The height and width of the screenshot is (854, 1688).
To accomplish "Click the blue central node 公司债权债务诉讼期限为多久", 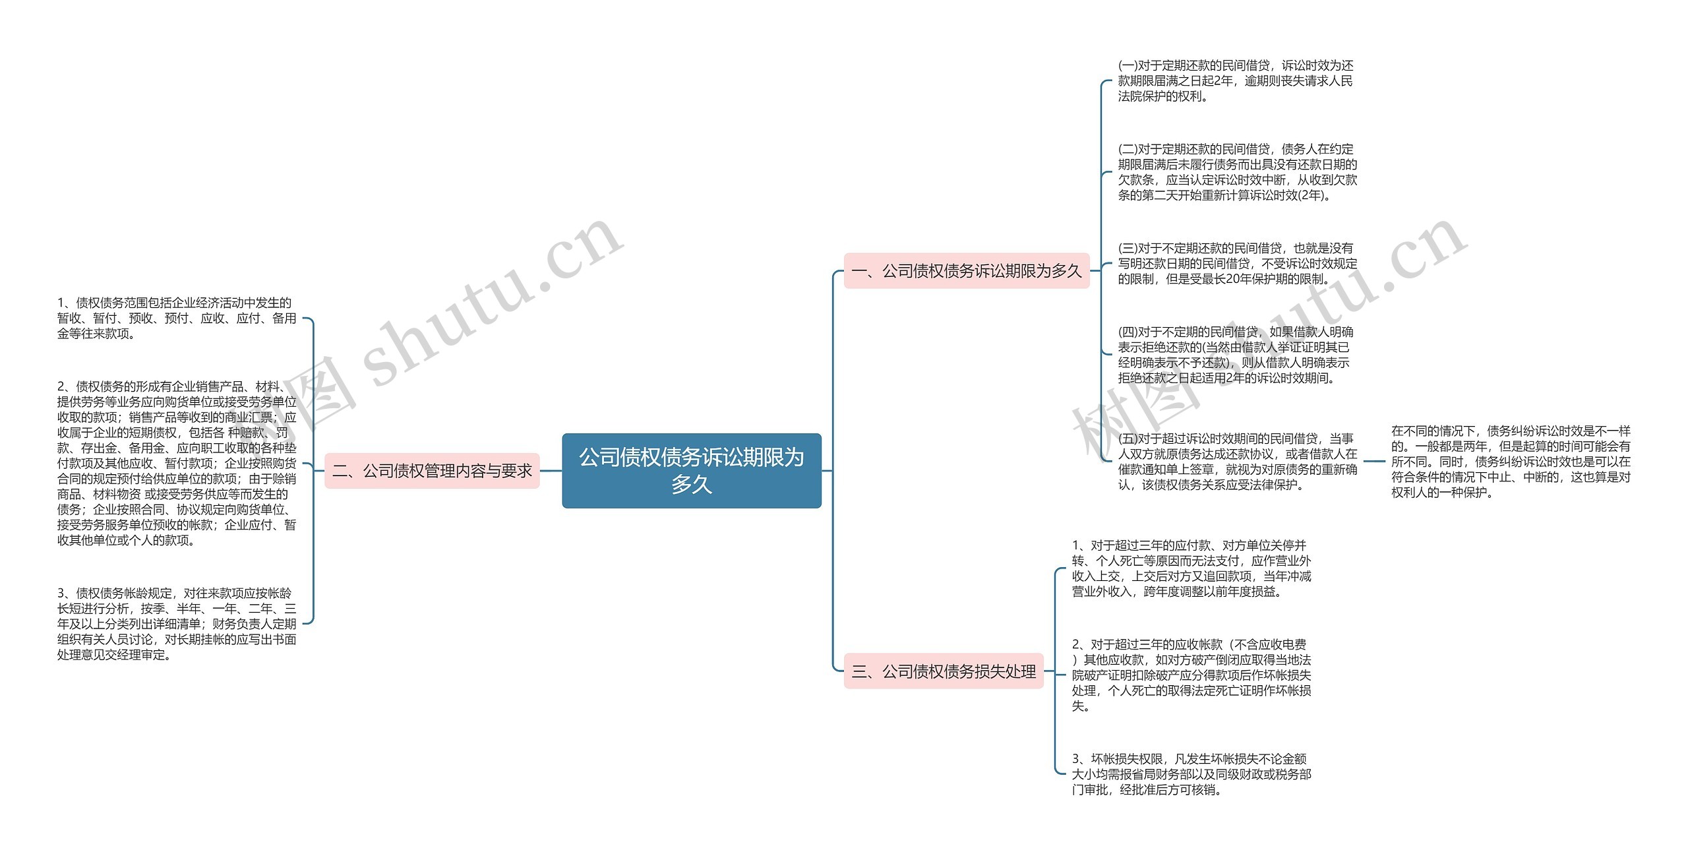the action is click(x=691, y=470).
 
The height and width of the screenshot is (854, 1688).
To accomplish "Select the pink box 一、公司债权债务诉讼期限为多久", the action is click(x=966, y=271).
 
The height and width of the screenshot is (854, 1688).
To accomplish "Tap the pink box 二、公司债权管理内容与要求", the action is click(x=432, y=471).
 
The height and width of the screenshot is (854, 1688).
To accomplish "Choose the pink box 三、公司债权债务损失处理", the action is click(x=943, y=671).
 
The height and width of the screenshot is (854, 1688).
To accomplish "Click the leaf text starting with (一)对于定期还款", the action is click(x=1235, y=81).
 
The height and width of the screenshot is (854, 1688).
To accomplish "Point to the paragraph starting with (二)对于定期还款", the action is click(x=1237, y=172).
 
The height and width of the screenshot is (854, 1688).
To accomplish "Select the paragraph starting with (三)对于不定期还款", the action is click(x=1237, y=264).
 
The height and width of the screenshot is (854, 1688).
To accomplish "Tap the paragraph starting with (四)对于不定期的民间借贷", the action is click(x=1235, y=355).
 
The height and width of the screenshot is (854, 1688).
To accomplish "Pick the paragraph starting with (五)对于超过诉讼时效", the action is click(x=1237, y=462).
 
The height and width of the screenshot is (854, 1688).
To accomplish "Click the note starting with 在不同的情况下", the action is click(x=1510, y=462).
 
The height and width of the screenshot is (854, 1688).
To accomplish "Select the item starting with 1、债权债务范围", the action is click(x=176, y=319).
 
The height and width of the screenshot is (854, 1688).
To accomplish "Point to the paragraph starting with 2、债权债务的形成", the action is click(x=176, y=464).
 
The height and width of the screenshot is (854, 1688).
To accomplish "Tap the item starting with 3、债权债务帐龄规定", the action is click(x=176, y=624).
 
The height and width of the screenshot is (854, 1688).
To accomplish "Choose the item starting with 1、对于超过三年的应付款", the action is click(x=1191, y=568).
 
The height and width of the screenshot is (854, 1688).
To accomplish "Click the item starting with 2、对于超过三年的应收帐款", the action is click(x=1191, y=675).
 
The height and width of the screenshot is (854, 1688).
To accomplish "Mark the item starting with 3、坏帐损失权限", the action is click(x=1191, y=774).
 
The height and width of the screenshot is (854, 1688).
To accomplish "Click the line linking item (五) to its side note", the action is click(x=1374, y=462).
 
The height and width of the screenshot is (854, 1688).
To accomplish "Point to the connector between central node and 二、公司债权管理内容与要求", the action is click(x=551, y=471).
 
